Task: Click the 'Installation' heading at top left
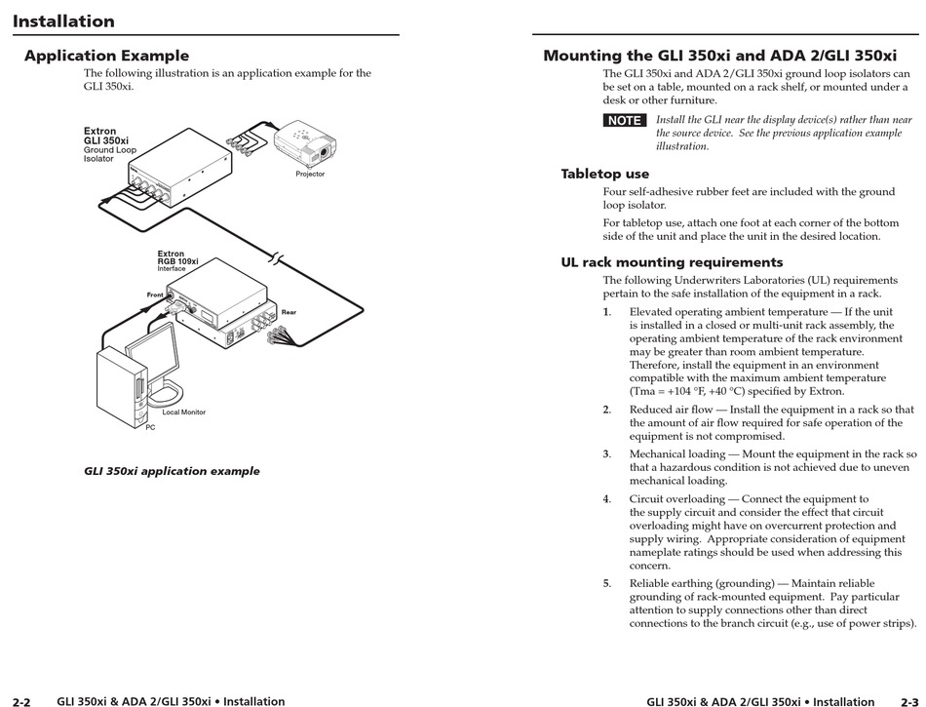point(63,20)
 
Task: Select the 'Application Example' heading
point(106,56)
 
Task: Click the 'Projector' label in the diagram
point(310,175)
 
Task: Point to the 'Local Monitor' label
point(183,412)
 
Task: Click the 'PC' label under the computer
point(150,427)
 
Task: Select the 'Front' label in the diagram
point(155,295)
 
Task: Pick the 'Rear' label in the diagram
point(289,312)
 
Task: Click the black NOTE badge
point(624,120)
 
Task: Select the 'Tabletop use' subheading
point(604,174)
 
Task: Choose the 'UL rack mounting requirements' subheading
point(672,261)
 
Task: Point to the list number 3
point(606,453)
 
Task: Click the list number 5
point(606,583)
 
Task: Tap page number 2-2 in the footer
point(21,701)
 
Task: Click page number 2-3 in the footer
point(908,701)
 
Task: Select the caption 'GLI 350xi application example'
point(172,471)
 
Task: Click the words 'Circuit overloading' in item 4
point(674,498)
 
